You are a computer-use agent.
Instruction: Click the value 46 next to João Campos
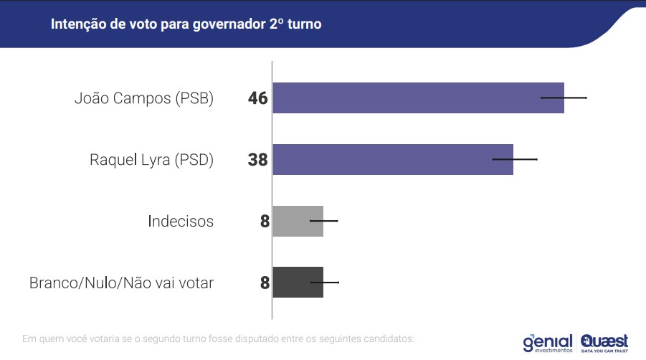coord(257,98)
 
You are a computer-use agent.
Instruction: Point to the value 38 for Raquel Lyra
coord(257,160)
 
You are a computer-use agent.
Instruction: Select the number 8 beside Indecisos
coord(265,222)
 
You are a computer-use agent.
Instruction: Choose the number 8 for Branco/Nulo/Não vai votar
coord(265,283)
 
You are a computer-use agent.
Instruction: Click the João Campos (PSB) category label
coord(144,99)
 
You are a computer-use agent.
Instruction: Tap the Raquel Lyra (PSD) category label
coord(151,160)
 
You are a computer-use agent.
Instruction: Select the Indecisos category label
coord(181,221)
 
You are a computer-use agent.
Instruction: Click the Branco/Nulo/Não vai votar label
coord(121,283)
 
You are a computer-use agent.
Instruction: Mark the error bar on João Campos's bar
coord(564,97)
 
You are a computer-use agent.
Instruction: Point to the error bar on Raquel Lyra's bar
coord(515,158)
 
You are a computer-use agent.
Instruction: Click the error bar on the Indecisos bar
coord(323,220)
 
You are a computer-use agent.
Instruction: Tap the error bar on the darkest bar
coord(324,282)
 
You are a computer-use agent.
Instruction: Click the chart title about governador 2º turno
coord(186,24)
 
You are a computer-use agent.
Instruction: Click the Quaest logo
coord(604,342)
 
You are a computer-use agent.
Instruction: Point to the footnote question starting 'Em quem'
coord(219,338)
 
